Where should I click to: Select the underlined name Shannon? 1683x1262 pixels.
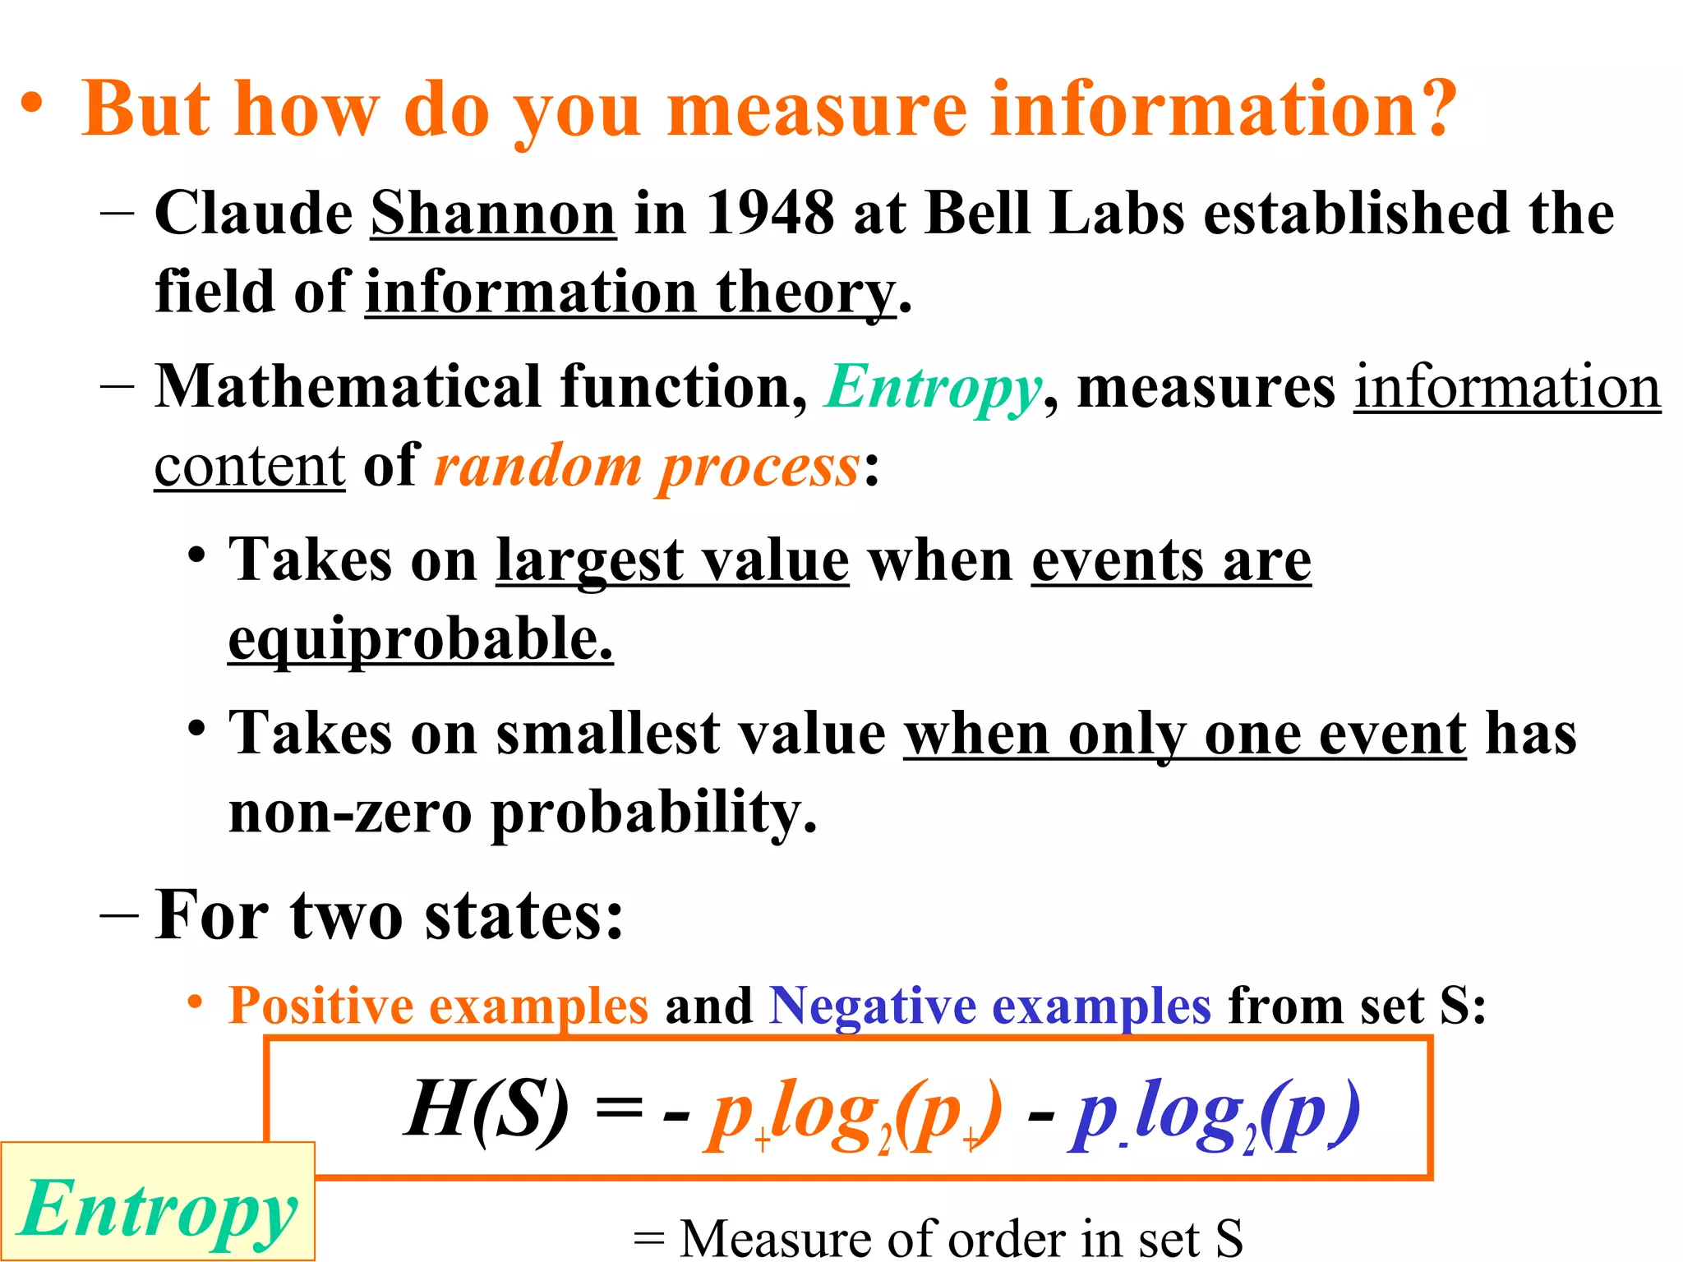click(x=493, y=214)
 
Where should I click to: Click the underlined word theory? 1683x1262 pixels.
click(x=805, y=293)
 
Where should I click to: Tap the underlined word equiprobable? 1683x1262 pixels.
click(x=420, y=639)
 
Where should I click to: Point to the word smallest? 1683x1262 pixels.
click(x=607, y=733)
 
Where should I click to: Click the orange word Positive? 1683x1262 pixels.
click(x=320, y=1005)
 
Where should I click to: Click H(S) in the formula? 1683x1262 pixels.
click(x=486, y=1109)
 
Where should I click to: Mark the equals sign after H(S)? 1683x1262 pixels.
click(x=618, y=1109)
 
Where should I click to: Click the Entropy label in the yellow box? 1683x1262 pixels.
click(x=158, y=1209)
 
